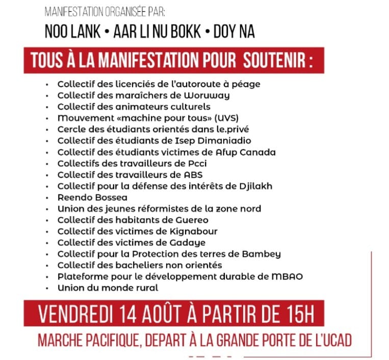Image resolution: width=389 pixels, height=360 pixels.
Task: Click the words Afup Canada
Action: pyautogui.click(x=249, y=152)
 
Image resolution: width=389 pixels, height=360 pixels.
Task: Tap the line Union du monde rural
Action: pyautogui.click(x=108, y=288)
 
